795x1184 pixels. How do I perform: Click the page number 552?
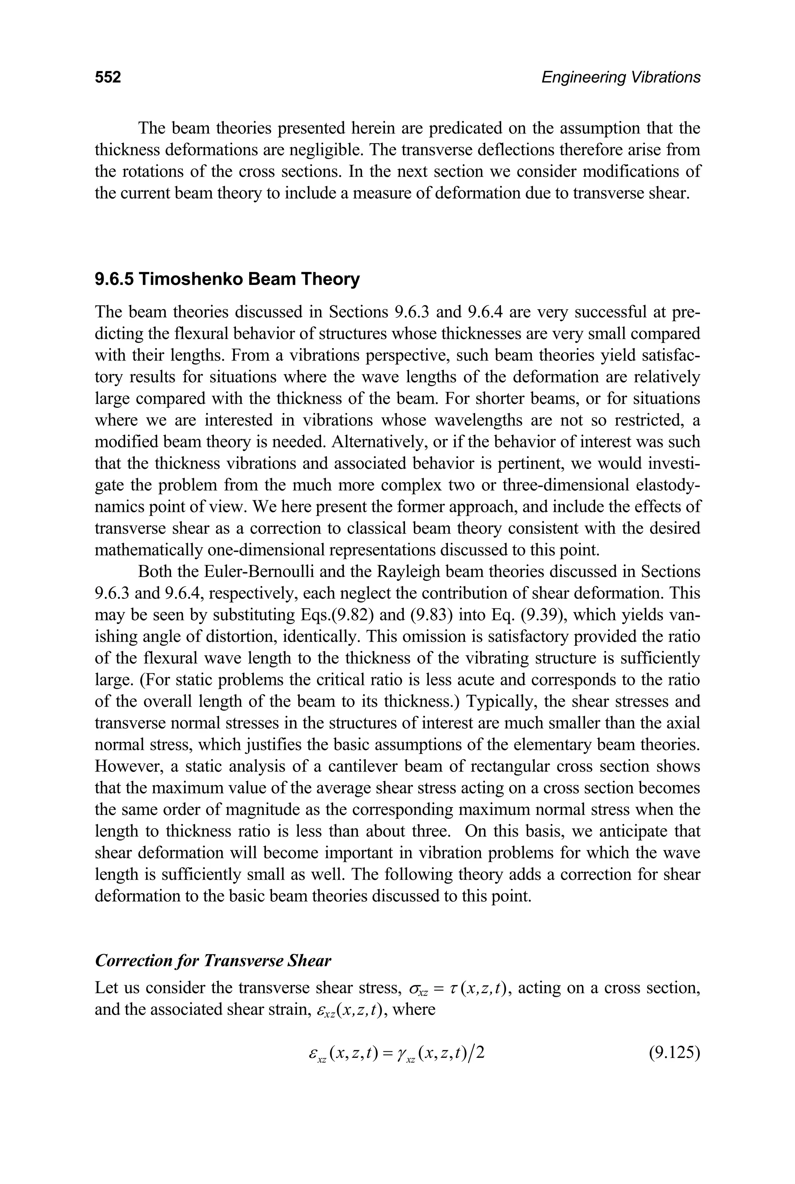pyautogui.click(x=108, y=77)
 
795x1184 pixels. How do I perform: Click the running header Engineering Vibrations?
pyautogui.click(x=621, y=77)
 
